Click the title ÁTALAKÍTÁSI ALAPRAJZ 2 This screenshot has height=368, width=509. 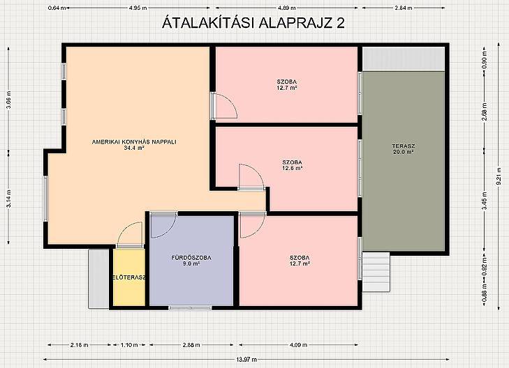pyautogui.click(x=253, y=22)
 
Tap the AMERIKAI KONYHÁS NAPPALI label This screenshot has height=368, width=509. pyautogui.click(x=134, y=142)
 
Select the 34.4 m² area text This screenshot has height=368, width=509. pyautogui.click(x=134, y=148)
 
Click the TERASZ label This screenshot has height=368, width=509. pyautogui.click(x=404, y=146)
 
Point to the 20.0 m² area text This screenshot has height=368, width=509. pyautogui.click(x=404, y=152)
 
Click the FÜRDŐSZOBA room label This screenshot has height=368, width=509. pyautogui.click(x=191, y=258)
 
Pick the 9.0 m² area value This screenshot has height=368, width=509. pyautogui.click(x=191, y=263)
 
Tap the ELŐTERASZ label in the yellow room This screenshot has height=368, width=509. pyautogui.click(x=129, y=277)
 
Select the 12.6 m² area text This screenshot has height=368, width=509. pyautogui.click(x=293, y=168)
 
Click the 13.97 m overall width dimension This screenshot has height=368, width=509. pyautogui.click(x=246, y=359)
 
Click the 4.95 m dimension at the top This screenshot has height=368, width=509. pyautogui.click(x=138, y=8)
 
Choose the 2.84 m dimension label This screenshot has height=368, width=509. pyautogui.click(x=404, y=8)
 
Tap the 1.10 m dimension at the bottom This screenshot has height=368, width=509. pyautogui.click(x=129, y=345)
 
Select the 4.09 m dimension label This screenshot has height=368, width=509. pyautogui.click(x=298, y=345)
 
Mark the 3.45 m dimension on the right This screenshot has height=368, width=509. pyautogui.click(x=485, y=201)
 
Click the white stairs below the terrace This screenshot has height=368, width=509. pyautogui.click(x=376, y=272)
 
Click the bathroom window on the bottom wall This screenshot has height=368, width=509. pyautogui.click(x=190, y=308)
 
